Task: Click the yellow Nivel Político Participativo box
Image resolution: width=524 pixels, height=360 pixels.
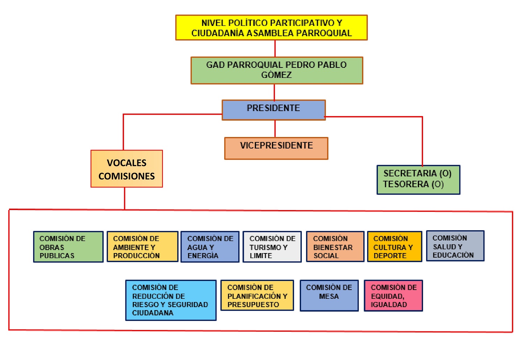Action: [271, 28]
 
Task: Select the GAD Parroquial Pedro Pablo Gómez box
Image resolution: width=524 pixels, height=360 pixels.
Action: [277, 70]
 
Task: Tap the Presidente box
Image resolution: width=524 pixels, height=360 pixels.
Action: [274, 110]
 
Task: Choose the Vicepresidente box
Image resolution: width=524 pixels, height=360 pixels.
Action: [276, 148]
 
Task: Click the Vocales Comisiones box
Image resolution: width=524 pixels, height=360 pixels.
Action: [126, 169]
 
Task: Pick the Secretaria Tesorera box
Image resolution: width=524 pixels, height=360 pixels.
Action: [418, 180]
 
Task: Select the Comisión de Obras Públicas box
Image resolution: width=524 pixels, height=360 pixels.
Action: [68, 247]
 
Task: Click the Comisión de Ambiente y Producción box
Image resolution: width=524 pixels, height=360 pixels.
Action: [143, 247]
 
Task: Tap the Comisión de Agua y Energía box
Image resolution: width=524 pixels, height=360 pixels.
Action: [210, 247]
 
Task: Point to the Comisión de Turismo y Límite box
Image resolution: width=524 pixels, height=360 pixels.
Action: [272, 247]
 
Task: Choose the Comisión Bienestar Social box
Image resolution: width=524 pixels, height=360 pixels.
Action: [335, 247]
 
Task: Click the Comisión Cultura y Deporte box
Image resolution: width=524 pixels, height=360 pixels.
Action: [394, 247]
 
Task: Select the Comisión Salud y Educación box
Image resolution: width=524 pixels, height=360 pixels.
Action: [455, 246]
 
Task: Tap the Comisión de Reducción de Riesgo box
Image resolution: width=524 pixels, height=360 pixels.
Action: [171, 300]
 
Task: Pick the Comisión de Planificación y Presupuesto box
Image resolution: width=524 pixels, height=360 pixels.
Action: [257, 295]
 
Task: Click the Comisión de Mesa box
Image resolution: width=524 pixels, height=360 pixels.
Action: [329, 295]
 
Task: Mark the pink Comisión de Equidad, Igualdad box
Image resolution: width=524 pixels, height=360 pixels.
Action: [393, 295]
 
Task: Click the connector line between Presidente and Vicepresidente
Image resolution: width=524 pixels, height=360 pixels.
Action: [275, 129]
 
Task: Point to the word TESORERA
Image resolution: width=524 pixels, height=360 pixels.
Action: [406, 184]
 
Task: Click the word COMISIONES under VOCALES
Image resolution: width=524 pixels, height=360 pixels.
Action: [126, 176]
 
